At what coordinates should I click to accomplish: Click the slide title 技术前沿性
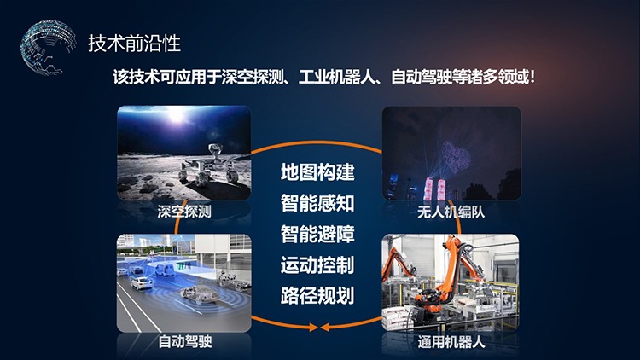coord(134,44)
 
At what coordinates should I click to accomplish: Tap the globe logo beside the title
coord(48,48)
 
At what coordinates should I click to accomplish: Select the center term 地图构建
coord(317,171)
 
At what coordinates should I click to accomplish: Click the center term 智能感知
coord(317,203)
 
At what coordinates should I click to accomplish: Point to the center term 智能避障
coord(317,234)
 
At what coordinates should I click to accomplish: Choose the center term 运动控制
coord(317,265)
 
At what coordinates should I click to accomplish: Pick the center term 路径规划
coord(317,296)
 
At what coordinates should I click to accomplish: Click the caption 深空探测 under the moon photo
coord(184,212)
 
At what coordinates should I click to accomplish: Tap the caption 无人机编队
coord(451,212)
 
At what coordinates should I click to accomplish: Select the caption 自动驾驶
coord(185,341)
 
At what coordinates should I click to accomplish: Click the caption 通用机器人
coord(451,342)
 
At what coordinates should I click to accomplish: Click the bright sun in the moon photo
coord(177,115)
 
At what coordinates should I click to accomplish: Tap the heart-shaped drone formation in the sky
coord(456,157)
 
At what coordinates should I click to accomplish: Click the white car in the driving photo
coord(141,282)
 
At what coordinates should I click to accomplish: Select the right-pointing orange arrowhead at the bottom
coord(313,327)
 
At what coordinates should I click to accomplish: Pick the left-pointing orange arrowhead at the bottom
coord(325,327)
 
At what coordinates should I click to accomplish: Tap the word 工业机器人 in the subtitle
coord(337,77)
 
